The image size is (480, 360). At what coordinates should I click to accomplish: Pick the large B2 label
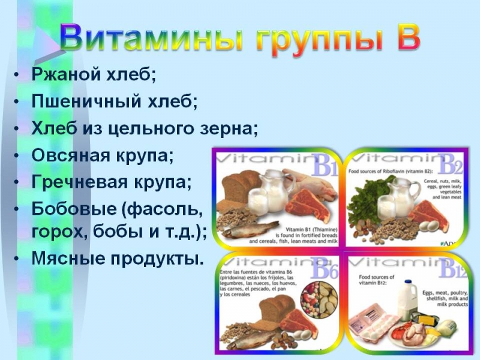[450, 164]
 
